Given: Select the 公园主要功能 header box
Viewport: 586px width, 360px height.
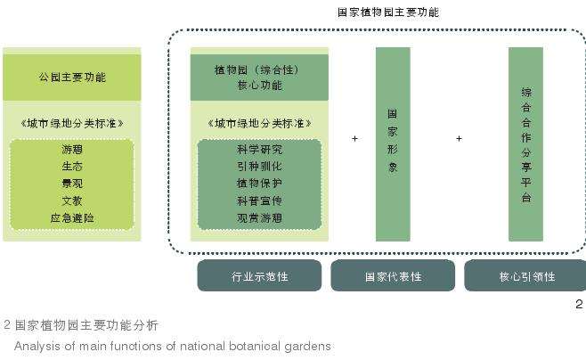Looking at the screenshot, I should [x=72, y=78].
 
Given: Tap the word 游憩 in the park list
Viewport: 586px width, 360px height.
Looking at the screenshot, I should [x=72, y=149].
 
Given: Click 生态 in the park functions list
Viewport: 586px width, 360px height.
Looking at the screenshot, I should [x=72, y=166].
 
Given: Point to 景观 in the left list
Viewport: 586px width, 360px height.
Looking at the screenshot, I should [x=72, y=184].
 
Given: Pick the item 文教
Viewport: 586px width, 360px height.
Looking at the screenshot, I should [x=72, y=200].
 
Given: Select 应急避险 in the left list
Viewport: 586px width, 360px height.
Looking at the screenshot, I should [x=72, y=218].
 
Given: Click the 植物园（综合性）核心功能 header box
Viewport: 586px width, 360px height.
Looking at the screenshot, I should [x=260, y=77].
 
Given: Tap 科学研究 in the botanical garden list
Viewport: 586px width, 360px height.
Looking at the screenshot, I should [x=260, y=149].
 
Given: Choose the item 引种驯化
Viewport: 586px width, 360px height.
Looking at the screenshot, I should [x=260, y=166].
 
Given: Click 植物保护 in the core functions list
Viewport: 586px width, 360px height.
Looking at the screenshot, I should [x=260, y=184].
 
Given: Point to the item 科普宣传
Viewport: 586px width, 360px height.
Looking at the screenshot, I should [x=260, y=200].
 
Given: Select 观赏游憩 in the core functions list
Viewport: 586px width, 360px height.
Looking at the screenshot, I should [x=260, y=218].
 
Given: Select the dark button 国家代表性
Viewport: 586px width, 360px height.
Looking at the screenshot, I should [x=393, y=277].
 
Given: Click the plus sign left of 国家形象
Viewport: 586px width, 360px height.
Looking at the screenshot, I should [x=354, y=139].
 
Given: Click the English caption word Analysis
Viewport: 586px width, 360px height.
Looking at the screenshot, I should [x=36, y=345].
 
